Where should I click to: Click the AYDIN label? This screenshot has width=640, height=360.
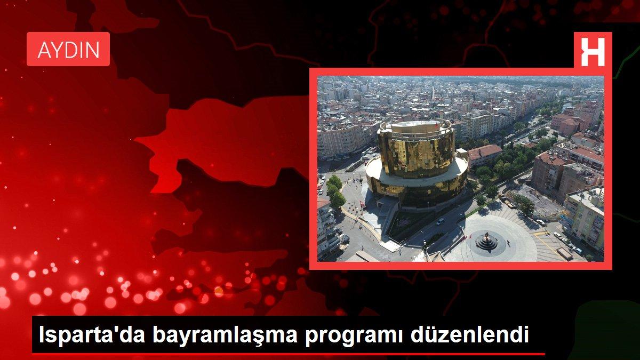[68, 50]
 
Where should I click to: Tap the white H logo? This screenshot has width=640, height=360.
[593, 50]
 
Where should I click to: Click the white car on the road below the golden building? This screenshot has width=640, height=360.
[440, 221]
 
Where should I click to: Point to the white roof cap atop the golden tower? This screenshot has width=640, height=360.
[414, 124]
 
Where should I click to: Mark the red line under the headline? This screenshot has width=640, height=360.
[288, 354]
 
